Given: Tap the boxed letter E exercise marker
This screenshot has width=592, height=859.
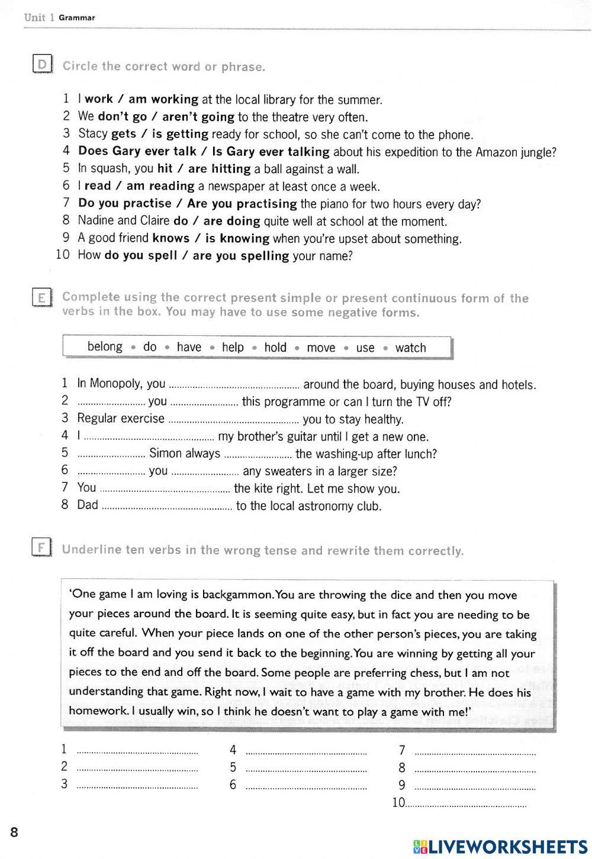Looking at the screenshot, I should [42, 297].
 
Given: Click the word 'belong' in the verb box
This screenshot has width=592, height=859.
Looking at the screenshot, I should [105, 347].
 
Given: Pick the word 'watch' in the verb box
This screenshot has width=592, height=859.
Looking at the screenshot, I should [410, 348].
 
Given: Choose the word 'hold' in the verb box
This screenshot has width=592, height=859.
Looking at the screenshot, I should [275, 348].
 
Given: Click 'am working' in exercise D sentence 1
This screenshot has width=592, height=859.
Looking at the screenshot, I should [163, 99].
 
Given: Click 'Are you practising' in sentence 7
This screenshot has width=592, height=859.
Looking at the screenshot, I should [242, 204].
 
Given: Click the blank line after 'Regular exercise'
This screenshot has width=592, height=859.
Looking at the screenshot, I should [233, 422].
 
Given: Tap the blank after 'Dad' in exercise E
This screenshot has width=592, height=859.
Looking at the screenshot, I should [166, 508].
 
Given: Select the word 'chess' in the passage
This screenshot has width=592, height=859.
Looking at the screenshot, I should [427, 673].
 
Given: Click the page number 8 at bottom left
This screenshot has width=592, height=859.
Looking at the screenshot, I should [14, 832].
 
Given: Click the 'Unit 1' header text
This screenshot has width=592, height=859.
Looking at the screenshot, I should [39, 17].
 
